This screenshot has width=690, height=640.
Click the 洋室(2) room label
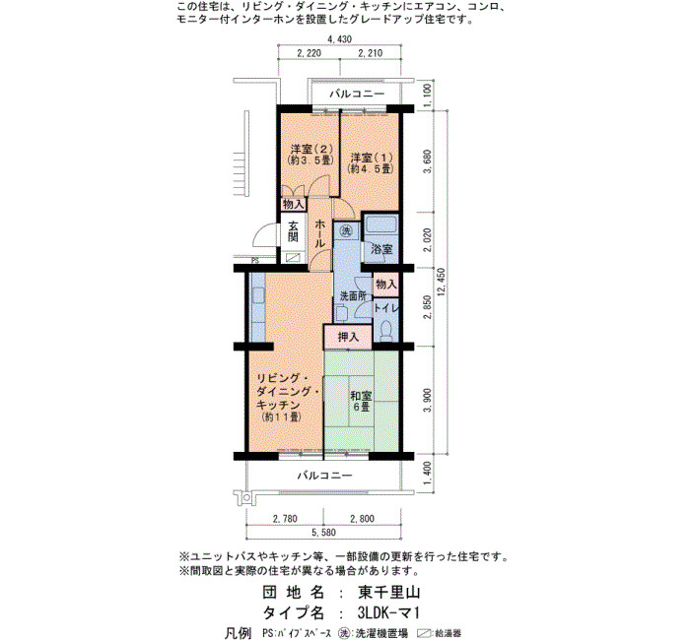[x=310, y=155]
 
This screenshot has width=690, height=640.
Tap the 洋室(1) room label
[x=371, y=162]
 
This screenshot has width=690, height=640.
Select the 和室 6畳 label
[x=361, y=401]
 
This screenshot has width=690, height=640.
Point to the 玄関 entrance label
[x=293, y=231]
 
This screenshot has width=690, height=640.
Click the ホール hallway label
[x=320, y=233]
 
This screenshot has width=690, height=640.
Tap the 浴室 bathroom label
[x=381, y=249]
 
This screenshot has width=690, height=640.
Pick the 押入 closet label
[x=348, y=337]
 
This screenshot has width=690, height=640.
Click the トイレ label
[x=386, y=307]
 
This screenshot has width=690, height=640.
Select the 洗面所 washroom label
[x=353, y=295]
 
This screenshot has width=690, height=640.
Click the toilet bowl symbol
[x=386, y=331]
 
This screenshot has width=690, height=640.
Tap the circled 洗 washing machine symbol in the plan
[x=347, y=229]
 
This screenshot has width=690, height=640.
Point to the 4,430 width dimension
[x=339, y=39]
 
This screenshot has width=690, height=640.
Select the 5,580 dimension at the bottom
[x=323, y=533]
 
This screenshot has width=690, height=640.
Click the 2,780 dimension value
[x=285, y=519]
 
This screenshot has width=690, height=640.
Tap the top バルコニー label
[x=357, y=94]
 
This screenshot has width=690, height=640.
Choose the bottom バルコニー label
[x=324, y=476]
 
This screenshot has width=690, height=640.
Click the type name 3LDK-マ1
[x=388, y=612]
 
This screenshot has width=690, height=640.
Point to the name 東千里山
[x=388, y=592]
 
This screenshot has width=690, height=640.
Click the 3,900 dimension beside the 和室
[x=427, y=401]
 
